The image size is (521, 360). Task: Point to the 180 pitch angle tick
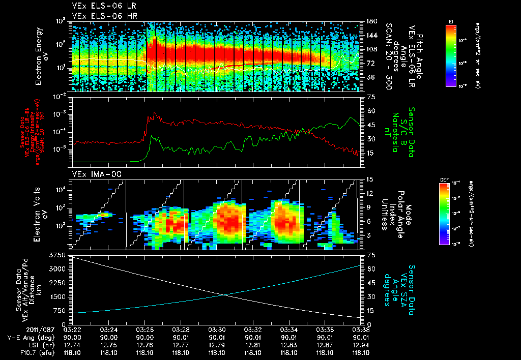tap(371, 21)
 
